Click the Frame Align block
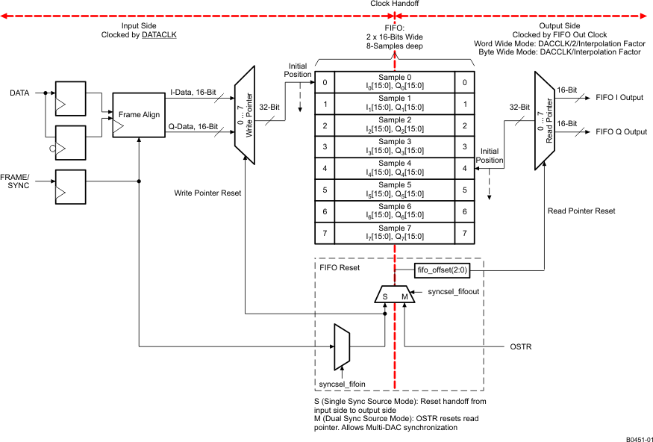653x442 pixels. pyautogui.click(x=139, y=116)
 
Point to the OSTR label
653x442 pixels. pyautogui.click(x=520, y=346)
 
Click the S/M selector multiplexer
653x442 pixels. pyautogui.click(x=394, y=294)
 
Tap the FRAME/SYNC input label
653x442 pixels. pyautogui.click(x=19, y=180)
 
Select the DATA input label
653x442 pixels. pyautogui.click(x=19, y=93)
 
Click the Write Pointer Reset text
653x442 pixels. pyautogui.click(x=207, y=193)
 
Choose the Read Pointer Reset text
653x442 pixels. pyautogui.click(x=581, y=211)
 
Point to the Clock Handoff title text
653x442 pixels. pyautogui.click(x=394, y=4)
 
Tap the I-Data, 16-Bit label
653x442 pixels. pyautogui.click(x=193, y=93)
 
